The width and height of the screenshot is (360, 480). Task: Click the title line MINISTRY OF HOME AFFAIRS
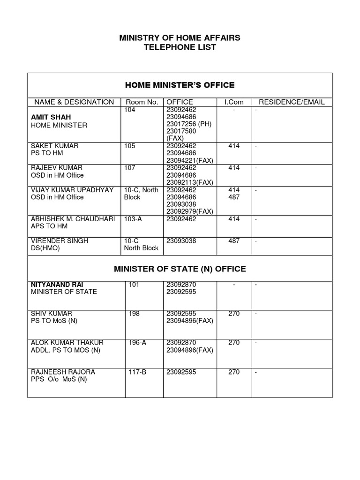(180, 37)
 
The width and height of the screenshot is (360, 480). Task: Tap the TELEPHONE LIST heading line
(180, 47)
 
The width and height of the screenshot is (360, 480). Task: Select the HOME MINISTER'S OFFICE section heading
(180, 85)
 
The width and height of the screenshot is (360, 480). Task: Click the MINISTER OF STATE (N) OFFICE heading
(180, 269)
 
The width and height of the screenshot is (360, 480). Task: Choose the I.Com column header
(234, 102)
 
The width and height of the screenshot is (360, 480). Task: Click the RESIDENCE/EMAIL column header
(292, 102)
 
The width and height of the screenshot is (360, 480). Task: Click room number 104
(130, 109)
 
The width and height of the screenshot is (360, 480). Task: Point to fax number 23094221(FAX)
(190, 160)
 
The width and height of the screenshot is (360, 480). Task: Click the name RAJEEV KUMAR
(56, 168)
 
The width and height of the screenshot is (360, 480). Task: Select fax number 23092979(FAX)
(190, 211)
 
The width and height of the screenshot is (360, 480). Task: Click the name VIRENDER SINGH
(59, 240)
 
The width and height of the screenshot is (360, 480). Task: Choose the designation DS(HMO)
(45, 248)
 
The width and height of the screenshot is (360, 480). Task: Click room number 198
(134, 313)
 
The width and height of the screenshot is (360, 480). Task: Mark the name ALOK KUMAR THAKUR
(67, 343)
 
